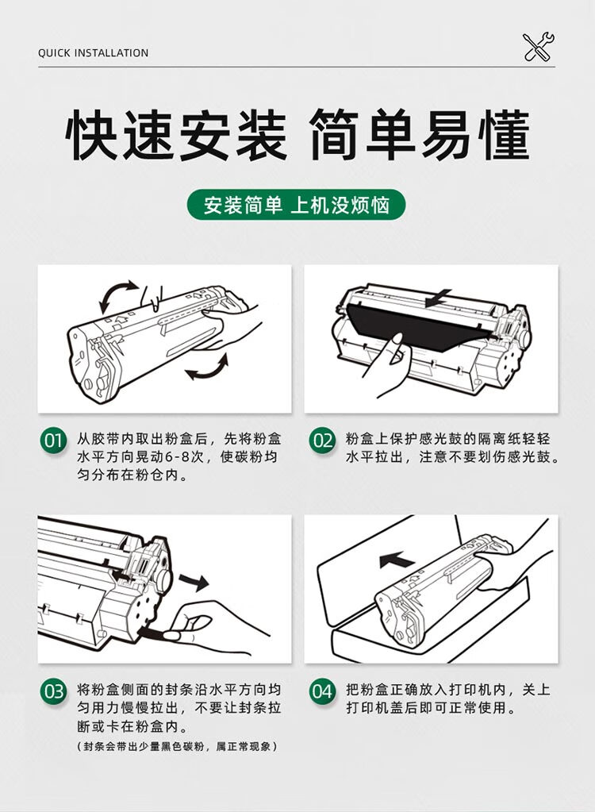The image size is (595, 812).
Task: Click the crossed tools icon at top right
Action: pyautogui.click(x=539, y=47)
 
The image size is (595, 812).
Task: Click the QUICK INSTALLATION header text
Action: pyautogui.click(x=93, y=53)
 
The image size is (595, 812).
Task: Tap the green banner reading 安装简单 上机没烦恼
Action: pyautogui.click(x=297, y=205)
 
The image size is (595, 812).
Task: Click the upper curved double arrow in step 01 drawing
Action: pyautogui.click(x=117, y=295)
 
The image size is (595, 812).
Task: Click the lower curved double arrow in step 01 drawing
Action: pyautogui.click(x=206, y=369)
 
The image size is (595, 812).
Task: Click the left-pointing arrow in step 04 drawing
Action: pyautogui.click(x=397, y=561)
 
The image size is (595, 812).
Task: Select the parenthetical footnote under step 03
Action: pyautogui.click(x=178, y=747)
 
